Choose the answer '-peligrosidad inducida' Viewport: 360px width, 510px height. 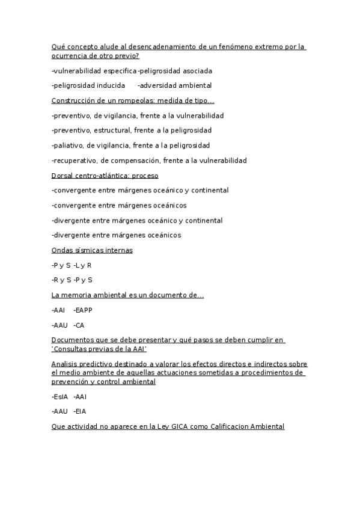(88, 86)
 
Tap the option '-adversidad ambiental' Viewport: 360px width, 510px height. (174, 86)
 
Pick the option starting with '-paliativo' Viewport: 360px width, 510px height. (130, 146)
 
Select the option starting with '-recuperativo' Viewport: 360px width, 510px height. (149, 161)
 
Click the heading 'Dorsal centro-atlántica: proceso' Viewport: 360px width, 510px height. (105, 176)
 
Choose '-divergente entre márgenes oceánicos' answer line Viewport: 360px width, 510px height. (116, 235)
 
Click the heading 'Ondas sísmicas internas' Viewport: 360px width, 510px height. (92, 250)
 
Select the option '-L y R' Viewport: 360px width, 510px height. (82, 265)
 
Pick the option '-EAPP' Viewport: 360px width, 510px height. (83, 310)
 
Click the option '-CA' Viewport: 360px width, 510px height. (79, 325)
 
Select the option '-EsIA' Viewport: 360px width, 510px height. (60, 397)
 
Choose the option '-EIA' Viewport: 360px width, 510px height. (80, 412)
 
